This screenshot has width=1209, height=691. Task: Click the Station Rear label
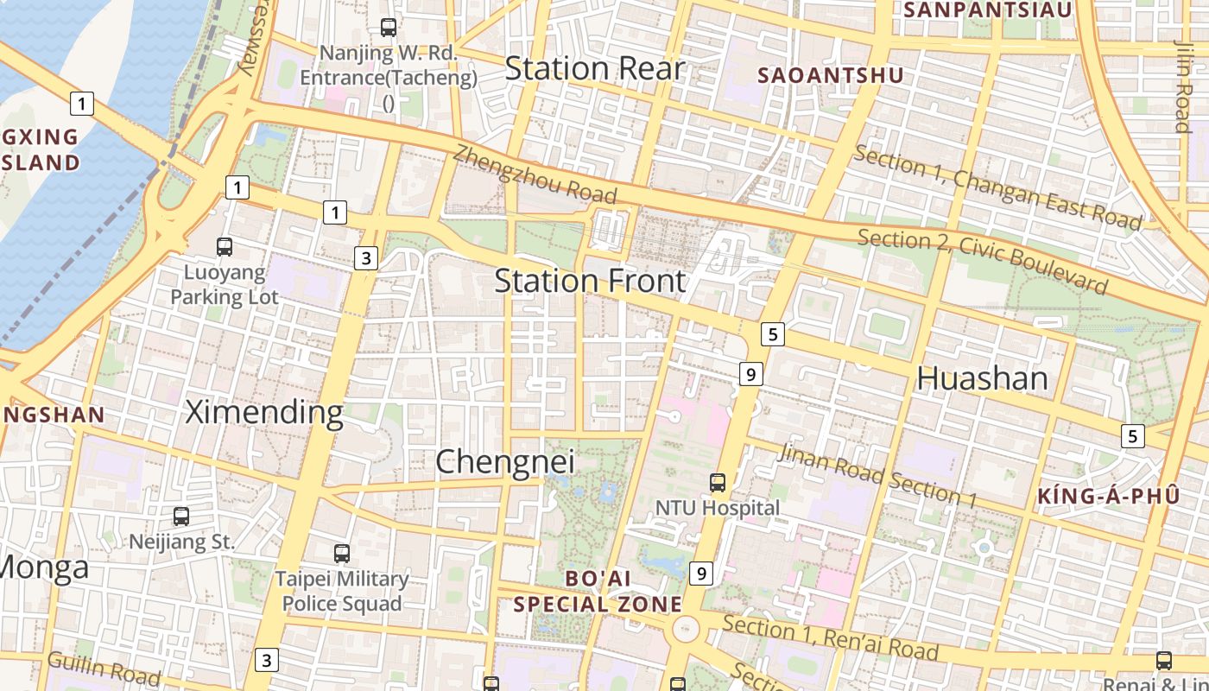594,69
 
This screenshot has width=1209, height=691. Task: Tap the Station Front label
591,281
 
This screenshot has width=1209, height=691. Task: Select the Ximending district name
264,413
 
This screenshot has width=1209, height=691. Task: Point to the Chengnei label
505,461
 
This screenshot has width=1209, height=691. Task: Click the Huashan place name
982,378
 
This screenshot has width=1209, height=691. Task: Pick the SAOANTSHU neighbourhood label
830,75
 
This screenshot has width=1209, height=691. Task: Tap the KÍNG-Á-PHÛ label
1108,496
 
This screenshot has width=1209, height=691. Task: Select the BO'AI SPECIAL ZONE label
598,592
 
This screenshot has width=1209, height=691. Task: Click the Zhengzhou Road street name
535,174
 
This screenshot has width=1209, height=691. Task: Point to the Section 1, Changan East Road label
997,187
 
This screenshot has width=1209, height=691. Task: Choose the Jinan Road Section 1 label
877,475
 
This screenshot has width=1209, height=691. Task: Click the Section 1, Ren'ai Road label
830,637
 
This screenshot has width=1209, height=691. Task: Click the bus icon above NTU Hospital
718,482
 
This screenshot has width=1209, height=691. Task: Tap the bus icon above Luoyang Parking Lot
225,247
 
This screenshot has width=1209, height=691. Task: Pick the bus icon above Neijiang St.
181,517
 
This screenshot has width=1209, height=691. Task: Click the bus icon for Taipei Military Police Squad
342,553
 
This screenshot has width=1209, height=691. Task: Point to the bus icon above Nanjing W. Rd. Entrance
389,27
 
